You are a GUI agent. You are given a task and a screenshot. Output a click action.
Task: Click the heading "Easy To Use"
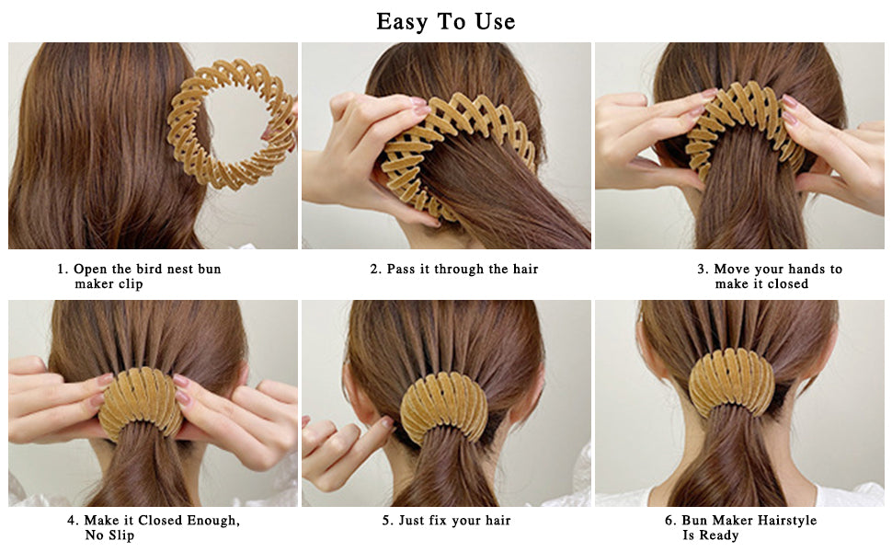[446, 21]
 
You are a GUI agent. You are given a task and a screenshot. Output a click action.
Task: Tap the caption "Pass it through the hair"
[454, 270]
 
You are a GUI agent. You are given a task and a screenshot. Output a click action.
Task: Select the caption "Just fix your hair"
[446, 521]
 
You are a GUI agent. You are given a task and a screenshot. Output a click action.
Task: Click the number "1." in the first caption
[63, 270]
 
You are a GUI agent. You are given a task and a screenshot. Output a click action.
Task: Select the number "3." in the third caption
[703, 270]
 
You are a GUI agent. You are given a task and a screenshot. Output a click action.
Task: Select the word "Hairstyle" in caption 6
[784, 521]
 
